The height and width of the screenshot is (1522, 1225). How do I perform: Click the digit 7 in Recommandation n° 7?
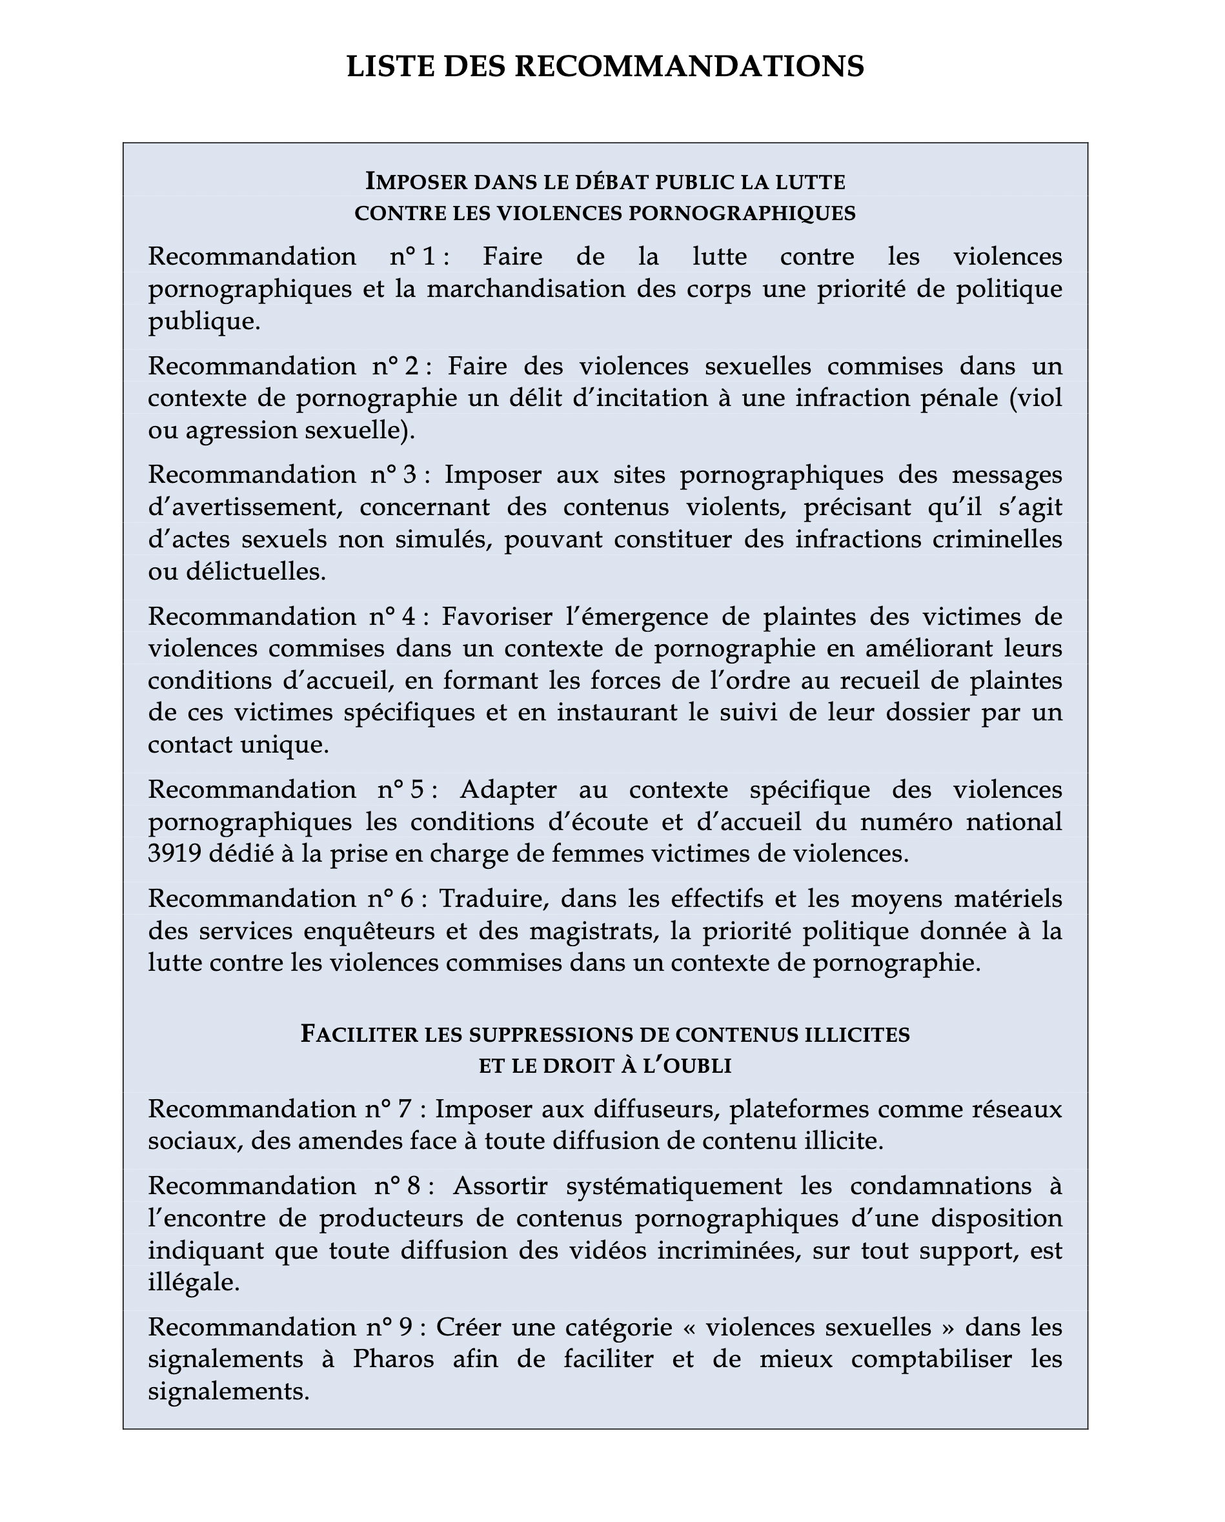click(404, 1110)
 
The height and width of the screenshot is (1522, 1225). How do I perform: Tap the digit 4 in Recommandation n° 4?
click(408, 617)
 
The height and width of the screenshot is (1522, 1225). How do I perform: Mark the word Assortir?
click(501, 1186)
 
